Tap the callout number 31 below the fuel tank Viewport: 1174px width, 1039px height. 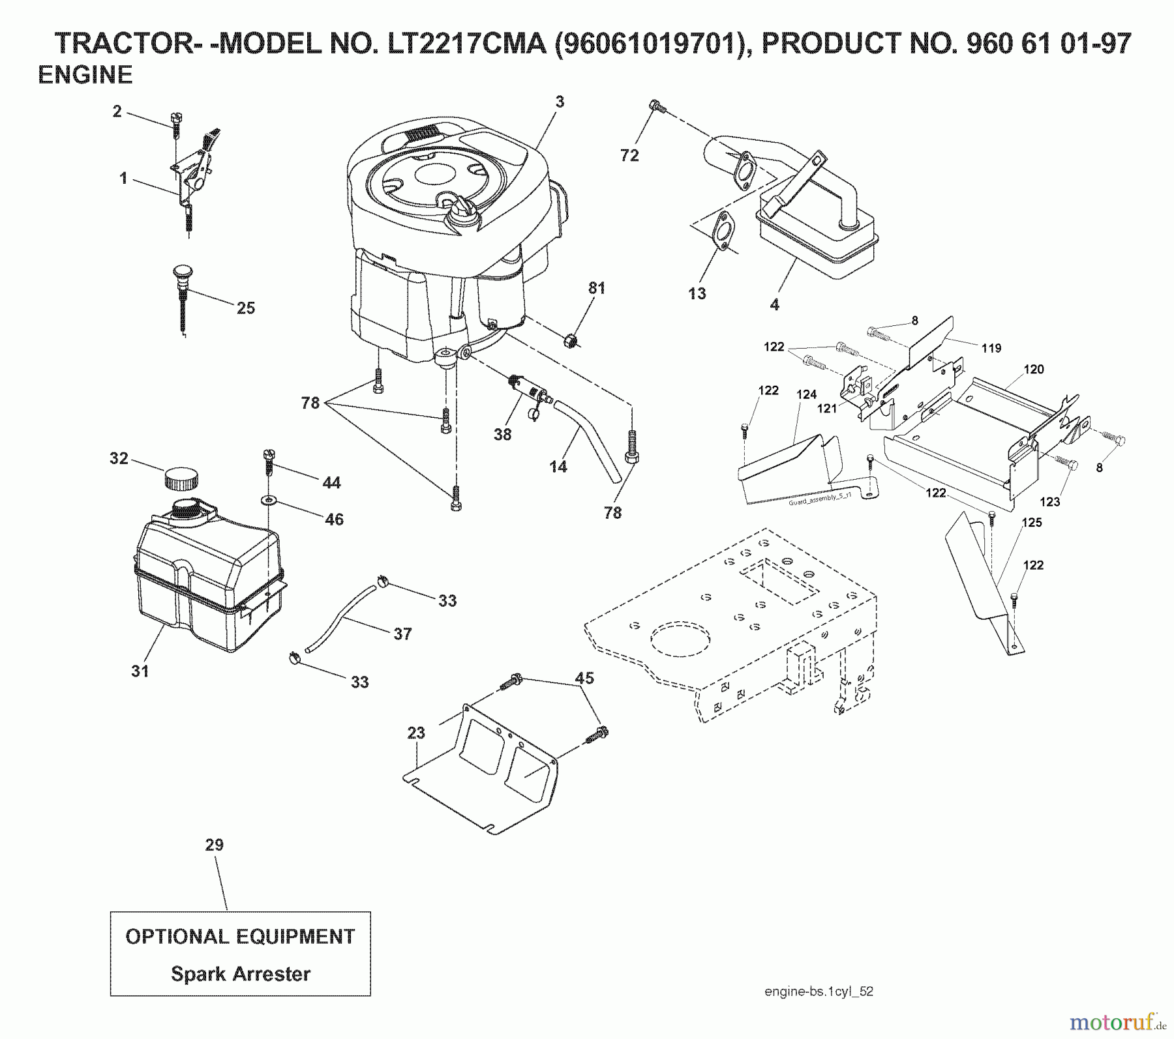pos(140,671)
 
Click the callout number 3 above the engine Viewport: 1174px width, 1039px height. pos(560,102)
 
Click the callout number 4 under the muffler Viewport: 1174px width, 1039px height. pos(774,304)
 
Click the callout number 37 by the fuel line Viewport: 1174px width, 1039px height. pos(402,634)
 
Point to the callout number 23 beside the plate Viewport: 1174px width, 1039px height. pos(416,733)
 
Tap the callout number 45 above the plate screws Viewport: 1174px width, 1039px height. pos(584,678)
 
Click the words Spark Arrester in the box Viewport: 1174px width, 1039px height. pos(241,974)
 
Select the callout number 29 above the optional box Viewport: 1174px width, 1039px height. pos(215,845)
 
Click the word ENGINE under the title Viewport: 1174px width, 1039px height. pos(85,75)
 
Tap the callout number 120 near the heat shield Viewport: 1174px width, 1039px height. pos(1033,369)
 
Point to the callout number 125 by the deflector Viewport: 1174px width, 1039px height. pos(1031,522)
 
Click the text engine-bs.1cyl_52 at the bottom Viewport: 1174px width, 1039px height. pos(819,991)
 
